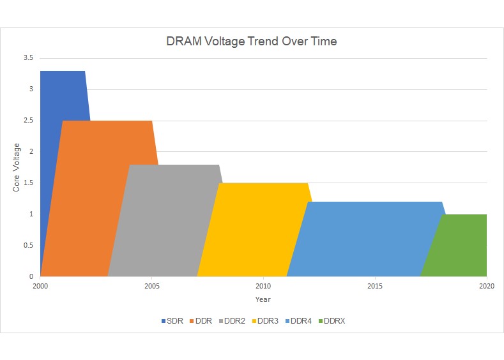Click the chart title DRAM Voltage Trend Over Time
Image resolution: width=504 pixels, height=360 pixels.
pyautogui.click(x=251, y=42)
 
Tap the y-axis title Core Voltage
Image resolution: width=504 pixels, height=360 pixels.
pyautogui.click(x=17, y=168)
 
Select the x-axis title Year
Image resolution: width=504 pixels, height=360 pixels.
pyautogui.click(x=263, y=299)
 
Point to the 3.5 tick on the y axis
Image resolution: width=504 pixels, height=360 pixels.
pyautogui.click(x=27, y=58)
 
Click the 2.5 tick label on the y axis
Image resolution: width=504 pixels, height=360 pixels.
pyautogui.click(x=27, y=121)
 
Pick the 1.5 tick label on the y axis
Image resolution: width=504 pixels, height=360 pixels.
pyautogui.click(x=27, y=183)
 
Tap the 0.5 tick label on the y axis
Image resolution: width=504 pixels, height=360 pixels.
pyautogui.click(x=27, y=246)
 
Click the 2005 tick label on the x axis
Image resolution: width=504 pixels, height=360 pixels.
pyautogui.click(x=152, y=286)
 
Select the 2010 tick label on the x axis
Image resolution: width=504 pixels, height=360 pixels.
pyautogui.click(x=263, y=286)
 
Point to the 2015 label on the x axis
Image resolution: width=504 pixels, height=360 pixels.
pyautogui.click(x=375, y=286)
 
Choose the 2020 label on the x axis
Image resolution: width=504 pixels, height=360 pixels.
pyautogui.click(x=486, y=286)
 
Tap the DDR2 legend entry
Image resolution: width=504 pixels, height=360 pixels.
pyautogui.click(x=231, y=321)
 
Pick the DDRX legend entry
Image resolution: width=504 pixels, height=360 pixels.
pyautogui.click(x=331, y=321)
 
